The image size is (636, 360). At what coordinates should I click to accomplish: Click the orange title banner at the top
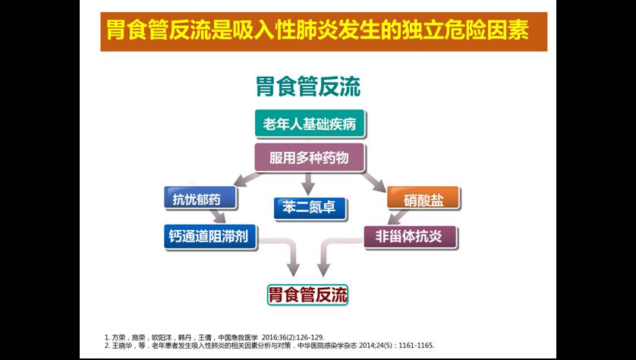click(x=323, y=32)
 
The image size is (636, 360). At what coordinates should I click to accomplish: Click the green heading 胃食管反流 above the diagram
click(x=308, y=87)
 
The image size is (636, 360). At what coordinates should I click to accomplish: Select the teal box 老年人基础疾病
click(x=310, y=124)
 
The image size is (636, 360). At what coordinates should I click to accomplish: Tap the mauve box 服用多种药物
click(x=310, y=157)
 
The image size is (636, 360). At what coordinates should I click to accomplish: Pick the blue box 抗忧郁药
click(x=200, y=198)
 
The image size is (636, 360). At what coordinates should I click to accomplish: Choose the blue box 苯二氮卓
click(x=310, y=208)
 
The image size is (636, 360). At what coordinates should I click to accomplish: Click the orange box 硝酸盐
click(x=423, y=198)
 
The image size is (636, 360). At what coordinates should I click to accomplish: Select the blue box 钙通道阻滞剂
click(x=210, y=236)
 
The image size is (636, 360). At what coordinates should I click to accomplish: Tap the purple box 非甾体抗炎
click(x=410, y=237)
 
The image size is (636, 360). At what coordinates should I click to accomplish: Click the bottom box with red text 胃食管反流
click(x=308, y=295)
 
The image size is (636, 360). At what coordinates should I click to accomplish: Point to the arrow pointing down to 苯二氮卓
click(x=308, y=184)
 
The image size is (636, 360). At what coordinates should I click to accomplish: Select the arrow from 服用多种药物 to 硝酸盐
click(x=373, y=182)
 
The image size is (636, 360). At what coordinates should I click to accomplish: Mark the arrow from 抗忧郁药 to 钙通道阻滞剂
click(x=219, y=216)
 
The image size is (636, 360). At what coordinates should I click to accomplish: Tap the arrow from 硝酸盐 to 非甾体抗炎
click(x=398, y=217)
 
